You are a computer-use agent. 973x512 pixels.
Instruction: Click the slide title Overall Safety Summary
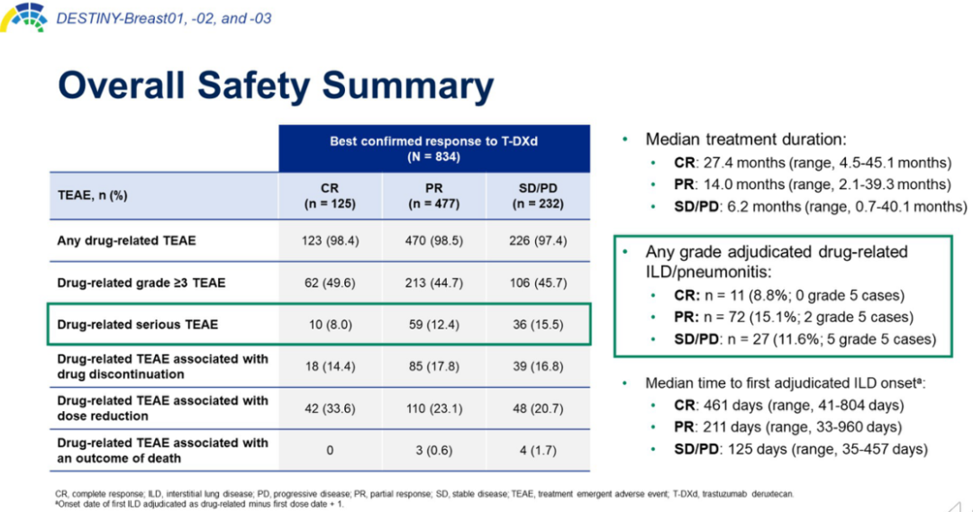coord(275,85)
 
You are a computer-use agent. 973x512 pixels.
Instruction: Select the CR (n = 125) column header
coord(330,196)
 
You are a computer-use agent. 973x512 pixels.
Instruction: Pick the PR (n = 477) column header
coord(434,196)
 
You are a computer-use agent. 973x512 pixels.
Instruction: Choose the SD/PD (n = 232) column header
coord(539,196)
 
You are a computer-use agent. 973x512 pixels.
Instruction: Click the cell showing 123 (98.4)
coord(330,240)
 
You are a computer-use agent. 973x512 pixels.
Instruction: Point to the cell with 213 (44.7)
coord(434,283)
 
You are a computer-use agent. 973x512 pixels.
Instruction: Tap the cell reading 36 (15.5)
coord(539,324)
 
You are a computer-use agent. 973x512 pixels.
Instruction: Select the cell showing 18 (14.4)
coord(330,366)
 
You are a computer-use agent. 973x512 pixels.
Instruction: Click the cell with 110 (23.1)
coord(434,409)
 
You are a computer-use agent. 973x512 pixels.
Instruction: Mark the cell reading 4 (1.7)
coord(539,450)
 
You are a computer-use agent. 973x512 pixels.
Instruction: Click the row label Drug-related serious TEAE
coord(137,324)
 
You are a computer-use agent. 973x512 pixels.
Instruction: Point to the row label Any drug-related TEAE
coord(126,240)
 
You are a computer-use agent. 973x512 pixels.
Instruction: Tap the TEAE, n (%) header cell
coord(92,196)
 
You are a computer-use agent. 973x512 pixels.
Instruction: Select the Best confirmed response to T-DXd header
coord(433,148)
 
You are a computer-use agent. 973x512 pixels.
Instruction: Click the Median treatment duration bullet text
coord(747,139)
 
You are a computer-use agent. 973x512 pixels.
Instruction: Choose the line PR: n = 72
coord(793,317)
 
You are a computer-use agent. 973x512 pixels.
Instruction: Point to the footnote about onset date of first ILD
coord(198,504)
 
